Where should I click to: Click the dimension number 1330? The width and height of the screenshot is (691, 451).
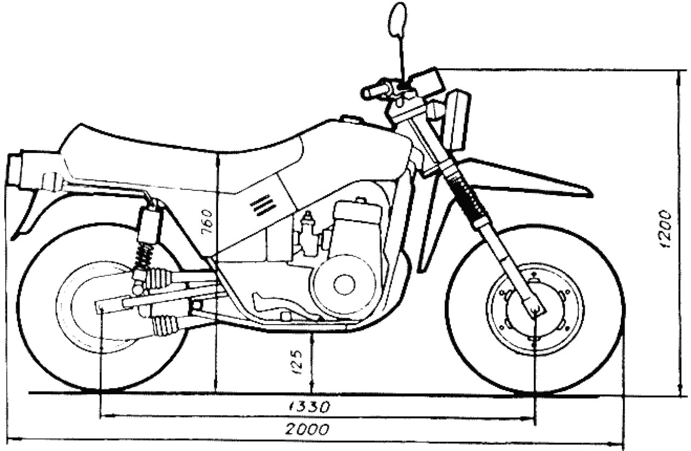coord(309,407)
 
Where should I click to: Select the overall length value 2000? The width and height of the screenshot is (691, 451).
coord(307,429)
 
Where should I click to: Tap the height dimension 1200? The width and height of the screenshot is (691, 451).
coord(665,230)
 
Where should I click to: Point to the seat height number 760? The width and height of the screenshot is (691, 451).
coord(207,222)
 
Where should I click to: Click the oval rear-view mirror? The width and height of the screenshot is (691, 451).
coord(398,19)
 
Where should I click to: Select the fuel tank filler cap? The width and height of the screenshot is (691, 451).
coord(351,119)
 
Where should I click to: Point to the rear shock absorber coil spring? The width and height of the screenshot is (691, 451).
coord(144,255)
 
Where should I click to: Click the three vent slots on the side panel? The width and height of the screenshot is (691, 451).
coord(263,205)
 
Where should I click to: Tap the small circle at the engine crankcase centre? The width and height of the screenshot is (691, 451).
coord(344,285)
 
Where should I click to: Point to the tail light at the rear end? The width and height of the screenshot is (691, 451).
coord(14,169)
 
